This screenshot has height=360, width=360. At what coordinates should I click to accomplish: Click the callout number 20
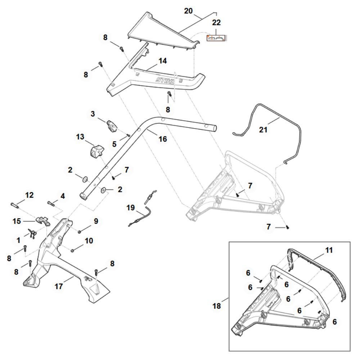pyautogui.click(x=188, y=11)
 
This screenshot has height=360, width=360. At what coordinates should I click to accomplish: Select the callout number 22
pyautogui.click(x=216, y=22)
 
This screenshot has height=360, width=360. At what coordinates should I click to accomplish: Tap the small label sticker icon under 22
pyautogui.click(x=216, y=38)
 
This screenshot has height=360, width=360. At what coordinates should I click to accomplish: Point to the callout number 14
pyautogui.click(x=163, y=61)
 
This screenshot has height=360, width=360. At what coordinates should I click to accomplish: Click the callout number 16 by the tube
pyautogui.click(x=163, y=139)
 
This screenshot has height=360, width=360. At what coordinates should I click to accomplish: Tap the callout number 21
pyautogui.click(x=263, y=130)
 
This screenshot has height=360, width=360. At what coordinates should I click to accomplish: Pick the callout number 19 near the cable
pyautogui.click(x=131, y=208)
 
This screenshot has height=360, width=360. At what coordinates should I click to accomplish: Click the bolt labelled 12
pyautogui.click(x=14, y=204)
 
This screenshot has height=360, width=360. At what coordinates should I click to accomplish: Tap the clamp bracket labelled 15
pyautogui.click(x=43, y=221)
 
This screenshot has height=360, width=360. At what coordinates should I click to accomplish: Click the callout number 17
pyautogui.click(x=59, y=286)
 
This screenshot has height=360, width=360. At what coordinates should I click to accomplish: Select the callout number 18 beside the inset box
pyautogui.click(x=216, y=306)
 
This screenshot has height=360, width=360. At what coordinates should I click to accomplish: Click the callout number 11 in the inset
pyautogui.click(x=329, y=250)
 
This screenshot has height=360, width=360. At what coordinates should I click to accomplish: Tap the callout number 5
pyautogui.click(x=114, y=144)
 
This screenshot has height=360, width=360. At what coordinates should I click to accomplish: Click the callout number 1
pyautogui.click(x=18, y=240)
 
